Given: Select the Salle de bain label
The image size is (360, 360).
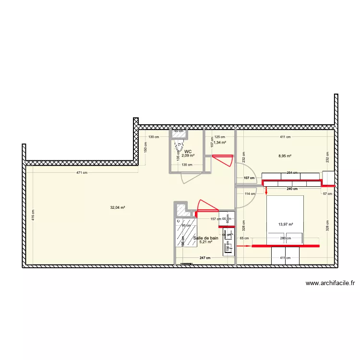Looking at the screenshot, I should (x=206, y=238).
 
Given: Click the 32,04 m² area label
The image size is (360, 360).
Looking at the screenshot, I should (x=118, y=208).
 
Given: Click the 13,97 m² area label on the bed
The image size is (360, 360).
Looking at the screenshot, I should (x=285, y=224).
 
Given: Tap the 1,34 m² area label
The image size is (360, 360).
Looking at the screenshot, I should (x=220, y=143).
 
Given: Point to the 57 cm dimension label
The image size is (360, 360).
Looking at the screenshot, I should (x=327, y=193).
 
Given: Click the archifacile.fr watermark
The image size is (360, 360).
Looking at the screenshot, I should (x=330, y=283).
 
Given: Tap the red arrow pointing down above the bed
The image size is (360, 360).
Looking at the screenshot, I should (x=265, y=191).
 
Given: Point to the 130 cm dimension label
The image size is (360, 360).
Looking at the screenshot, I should (x=152, y=137).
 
